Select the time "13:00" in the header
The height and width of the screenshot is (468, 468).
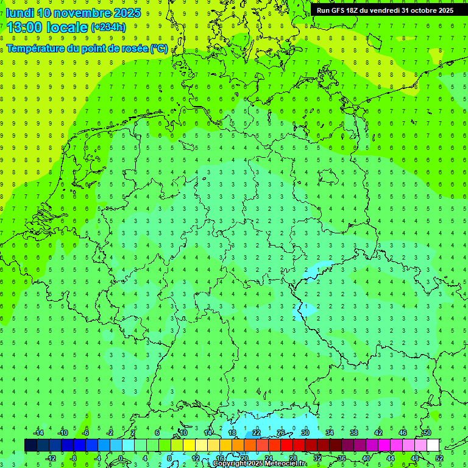click(x=25, y=27)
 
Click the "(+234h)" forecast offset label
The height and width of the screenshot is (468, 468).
click(x=108, y=27)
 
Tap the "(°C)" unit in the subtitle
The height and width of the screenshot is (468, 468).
click(x=159, y=48)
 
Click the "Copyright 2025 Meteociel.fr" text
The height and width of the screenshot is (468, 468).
click(x=259, y=464)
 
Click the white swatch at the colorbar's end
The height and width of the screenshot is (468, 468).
click(x=433, y=445)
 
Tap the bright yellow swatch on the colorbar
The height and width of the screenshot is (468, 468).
click(x=190, y=445)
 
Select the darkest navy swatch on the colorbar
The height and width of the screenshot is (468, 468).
click(x=30, y=445)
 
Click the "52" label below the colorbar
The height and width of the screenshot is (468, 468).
click(x=439, y=458)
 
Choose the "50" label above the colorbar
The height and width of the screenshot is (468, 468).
click(x=427, y=433)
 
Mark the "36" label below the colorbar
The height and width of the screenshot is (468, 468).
click(x=342, y=458)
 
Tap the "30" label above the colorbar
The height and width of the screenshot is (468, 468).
click(x=305, y=433)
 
